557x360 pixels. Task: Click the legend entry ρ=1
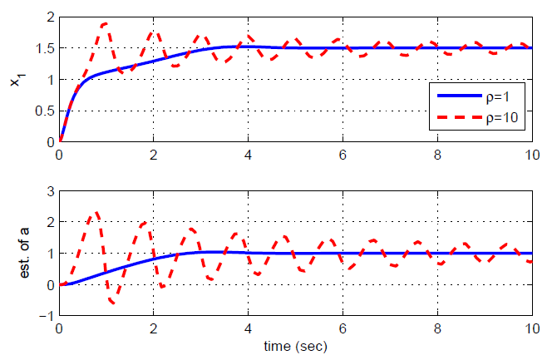point(498,96)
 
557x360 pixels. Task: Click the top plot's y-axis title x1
point(14,80)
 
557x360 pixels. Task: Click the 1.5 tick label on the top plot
point(42,48)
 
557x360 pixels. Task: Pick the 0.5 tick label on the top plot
point(42,111)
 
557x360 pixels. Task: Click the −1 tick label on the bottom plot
point(46,317)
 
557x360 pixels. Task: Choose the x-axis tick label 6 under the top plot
point(342,155)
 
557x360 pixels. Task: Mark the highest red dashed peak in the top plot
point(105,23)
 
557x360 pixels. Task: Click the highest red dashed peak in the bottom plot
point(96,212)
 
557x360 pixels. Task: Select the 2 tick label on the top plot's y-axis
point(50,17)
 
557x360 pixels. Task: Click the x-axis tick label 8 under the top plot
point(436,155)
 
